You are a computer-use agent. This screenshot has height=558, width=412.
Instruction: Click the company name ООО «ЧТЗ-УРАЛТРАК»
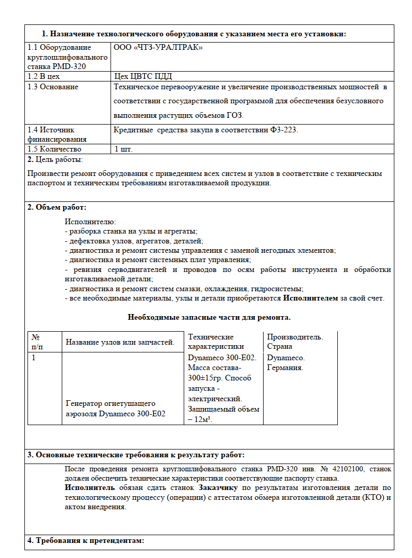point(158,47)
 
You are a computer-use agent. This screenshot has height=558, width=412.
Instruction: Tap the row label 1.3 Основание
point(53,87)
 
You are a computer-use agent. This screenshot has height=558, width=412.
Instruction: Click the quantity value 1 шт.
point(123,149)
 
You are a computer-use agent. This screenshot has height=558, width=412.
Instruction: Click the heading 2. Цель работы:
point(55,159)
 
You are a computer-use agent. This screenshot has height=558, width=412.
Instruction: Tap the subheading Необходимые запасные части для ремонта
point(209,317)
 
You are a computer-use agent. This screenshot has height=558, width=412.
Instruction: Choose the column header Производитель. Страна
point(295,342)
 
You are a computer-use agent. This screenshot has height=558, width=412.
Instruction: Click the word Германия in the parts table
point(285,368)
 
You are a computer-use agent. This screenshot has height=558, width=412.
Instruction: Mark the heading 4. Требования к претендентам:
point(85,541)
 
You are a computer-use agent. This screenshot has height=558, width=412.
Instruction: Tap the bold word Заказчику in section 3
point(218,488)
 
